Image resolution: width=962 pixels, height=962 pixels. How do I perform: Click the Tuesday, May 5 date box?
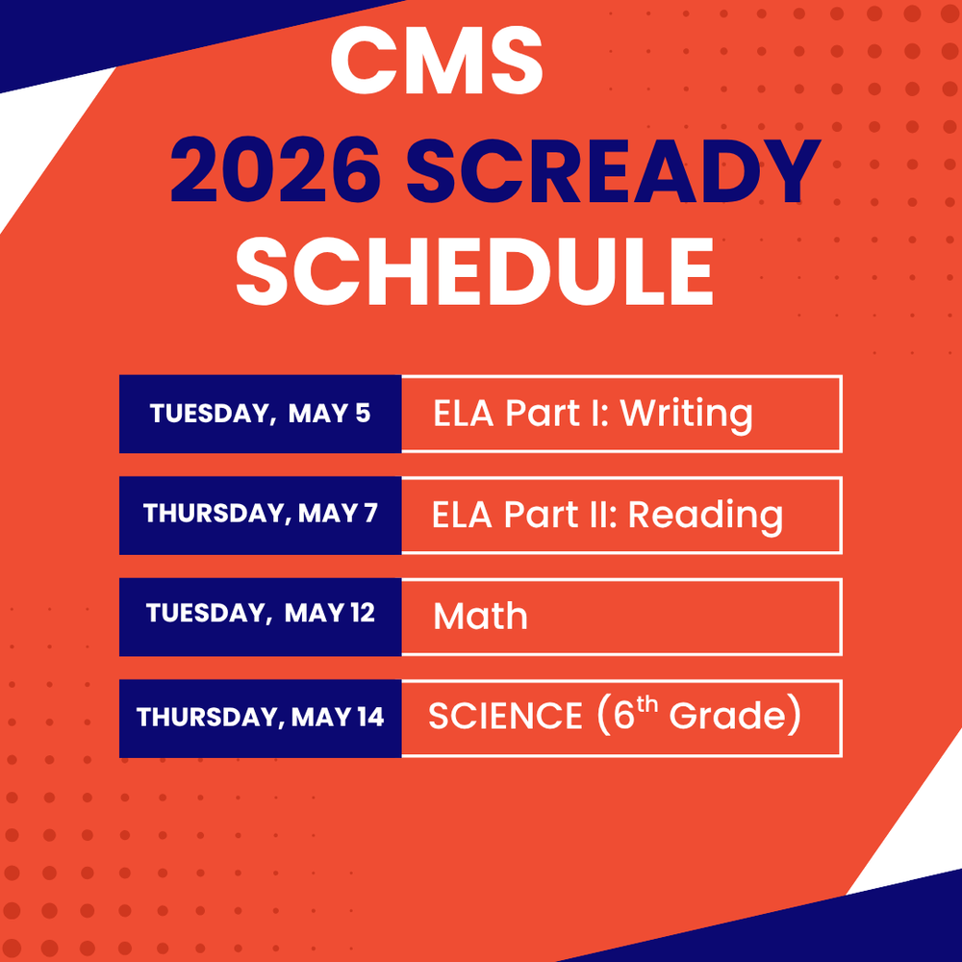[260, 414]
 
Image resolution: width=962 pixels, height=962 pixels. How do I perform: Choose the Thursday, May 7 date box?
[260, 515]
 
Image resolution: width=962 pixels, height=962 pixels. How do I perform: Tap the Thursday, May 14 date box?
[260, 718]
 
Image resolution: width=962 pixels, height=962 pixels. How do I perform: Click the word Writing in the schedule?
[686, 415]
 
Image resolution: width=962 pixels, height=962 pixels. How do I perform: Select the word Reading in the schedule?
[705, 516]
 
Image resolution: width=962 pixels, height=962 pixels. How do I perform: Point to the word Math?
[480, 617]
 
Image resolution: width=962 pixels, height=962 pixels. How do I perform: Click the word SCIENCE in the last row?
[505, 718]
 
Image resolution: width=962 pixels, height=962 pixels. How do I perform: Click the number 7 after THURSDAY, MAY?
[370, 514]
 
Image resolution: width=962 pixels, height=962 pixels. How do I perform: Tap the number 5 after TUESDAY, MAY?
[362, 414]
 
